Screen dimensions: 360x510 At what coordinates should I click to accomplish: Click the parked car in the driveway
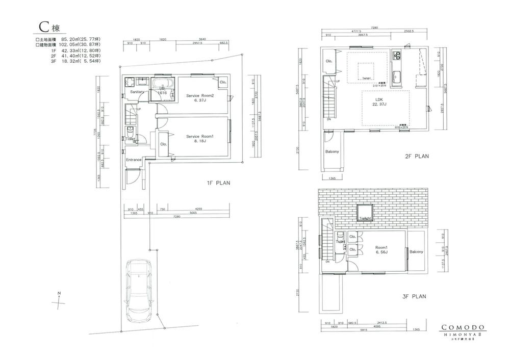point(139,288)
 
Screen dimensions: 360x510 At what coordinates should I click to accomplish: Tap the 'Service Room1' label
point(198,136)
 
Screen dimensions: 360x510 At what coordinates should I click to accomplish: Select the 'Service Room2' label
point(199,96)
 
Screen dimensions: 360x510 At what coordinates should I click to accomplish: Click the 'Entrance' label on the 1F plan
point(134,160)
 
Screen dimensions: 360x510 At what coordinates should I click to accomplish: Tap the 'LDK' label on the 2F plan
point(379,100)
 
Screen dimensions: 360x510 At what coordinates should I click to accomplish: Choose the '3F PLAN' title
point(415,296)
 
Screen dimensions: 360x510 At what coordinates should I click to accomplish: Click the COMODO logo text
point(463,328)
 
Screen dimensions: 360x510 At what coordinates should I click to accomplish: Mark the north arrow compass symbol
point(60,299)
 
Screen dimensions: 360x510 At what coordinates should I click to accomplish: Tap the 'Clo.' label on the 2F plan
point(329,62)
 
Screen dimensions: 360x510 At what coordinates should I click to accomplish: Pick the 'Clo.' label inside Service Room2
point(223,82)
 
